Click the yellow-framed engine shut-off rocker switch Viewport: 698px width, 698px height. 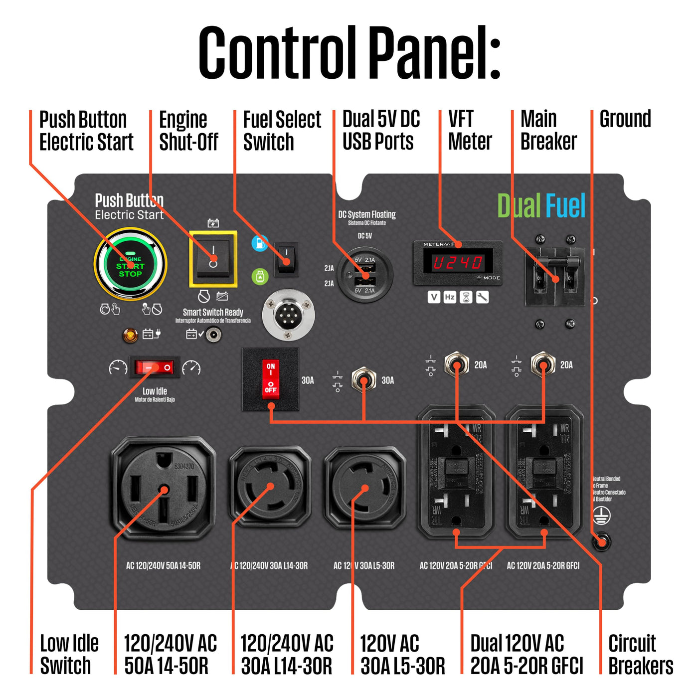[x=213, y=258]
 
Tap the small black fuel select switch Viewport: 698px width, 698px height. [x=287, y=258]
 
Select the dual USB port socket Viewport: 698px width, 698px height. [x=364, y=274]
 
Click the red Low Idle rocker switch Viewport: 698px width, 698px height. [x=154, y=368]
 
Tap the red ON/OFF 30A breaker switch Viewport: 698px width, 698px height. [x=270, y=379]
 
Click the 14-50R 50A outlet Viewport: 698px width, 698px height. [x=164, y=489]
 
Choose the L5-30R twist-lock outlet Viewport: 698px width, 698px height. [x=364, y=488]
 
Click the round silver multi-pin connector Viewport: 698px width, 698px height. [x=288, y=315]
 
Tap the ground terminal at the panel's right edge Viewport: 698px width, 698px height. [x=602, y=541]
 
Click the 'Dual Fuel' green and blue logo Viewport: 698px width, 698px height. [x=541, y=206]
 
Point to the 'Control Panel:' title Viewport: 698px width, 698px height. [x=349, y=53]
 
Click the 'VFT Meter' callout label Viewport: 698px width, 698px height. [x=470, y=131]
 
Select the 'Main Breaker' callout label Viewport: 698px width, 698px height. [x=548, y=131]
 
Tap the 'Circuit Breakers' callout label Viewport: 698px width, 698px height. [x=640, y=654]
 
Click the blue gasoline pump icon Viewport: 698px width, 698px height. [x=259, y=243]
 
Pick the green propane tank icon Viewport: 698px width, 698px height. [x=260, y=276]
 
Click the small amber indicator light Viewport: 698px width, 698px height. [x=131, y=335]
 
